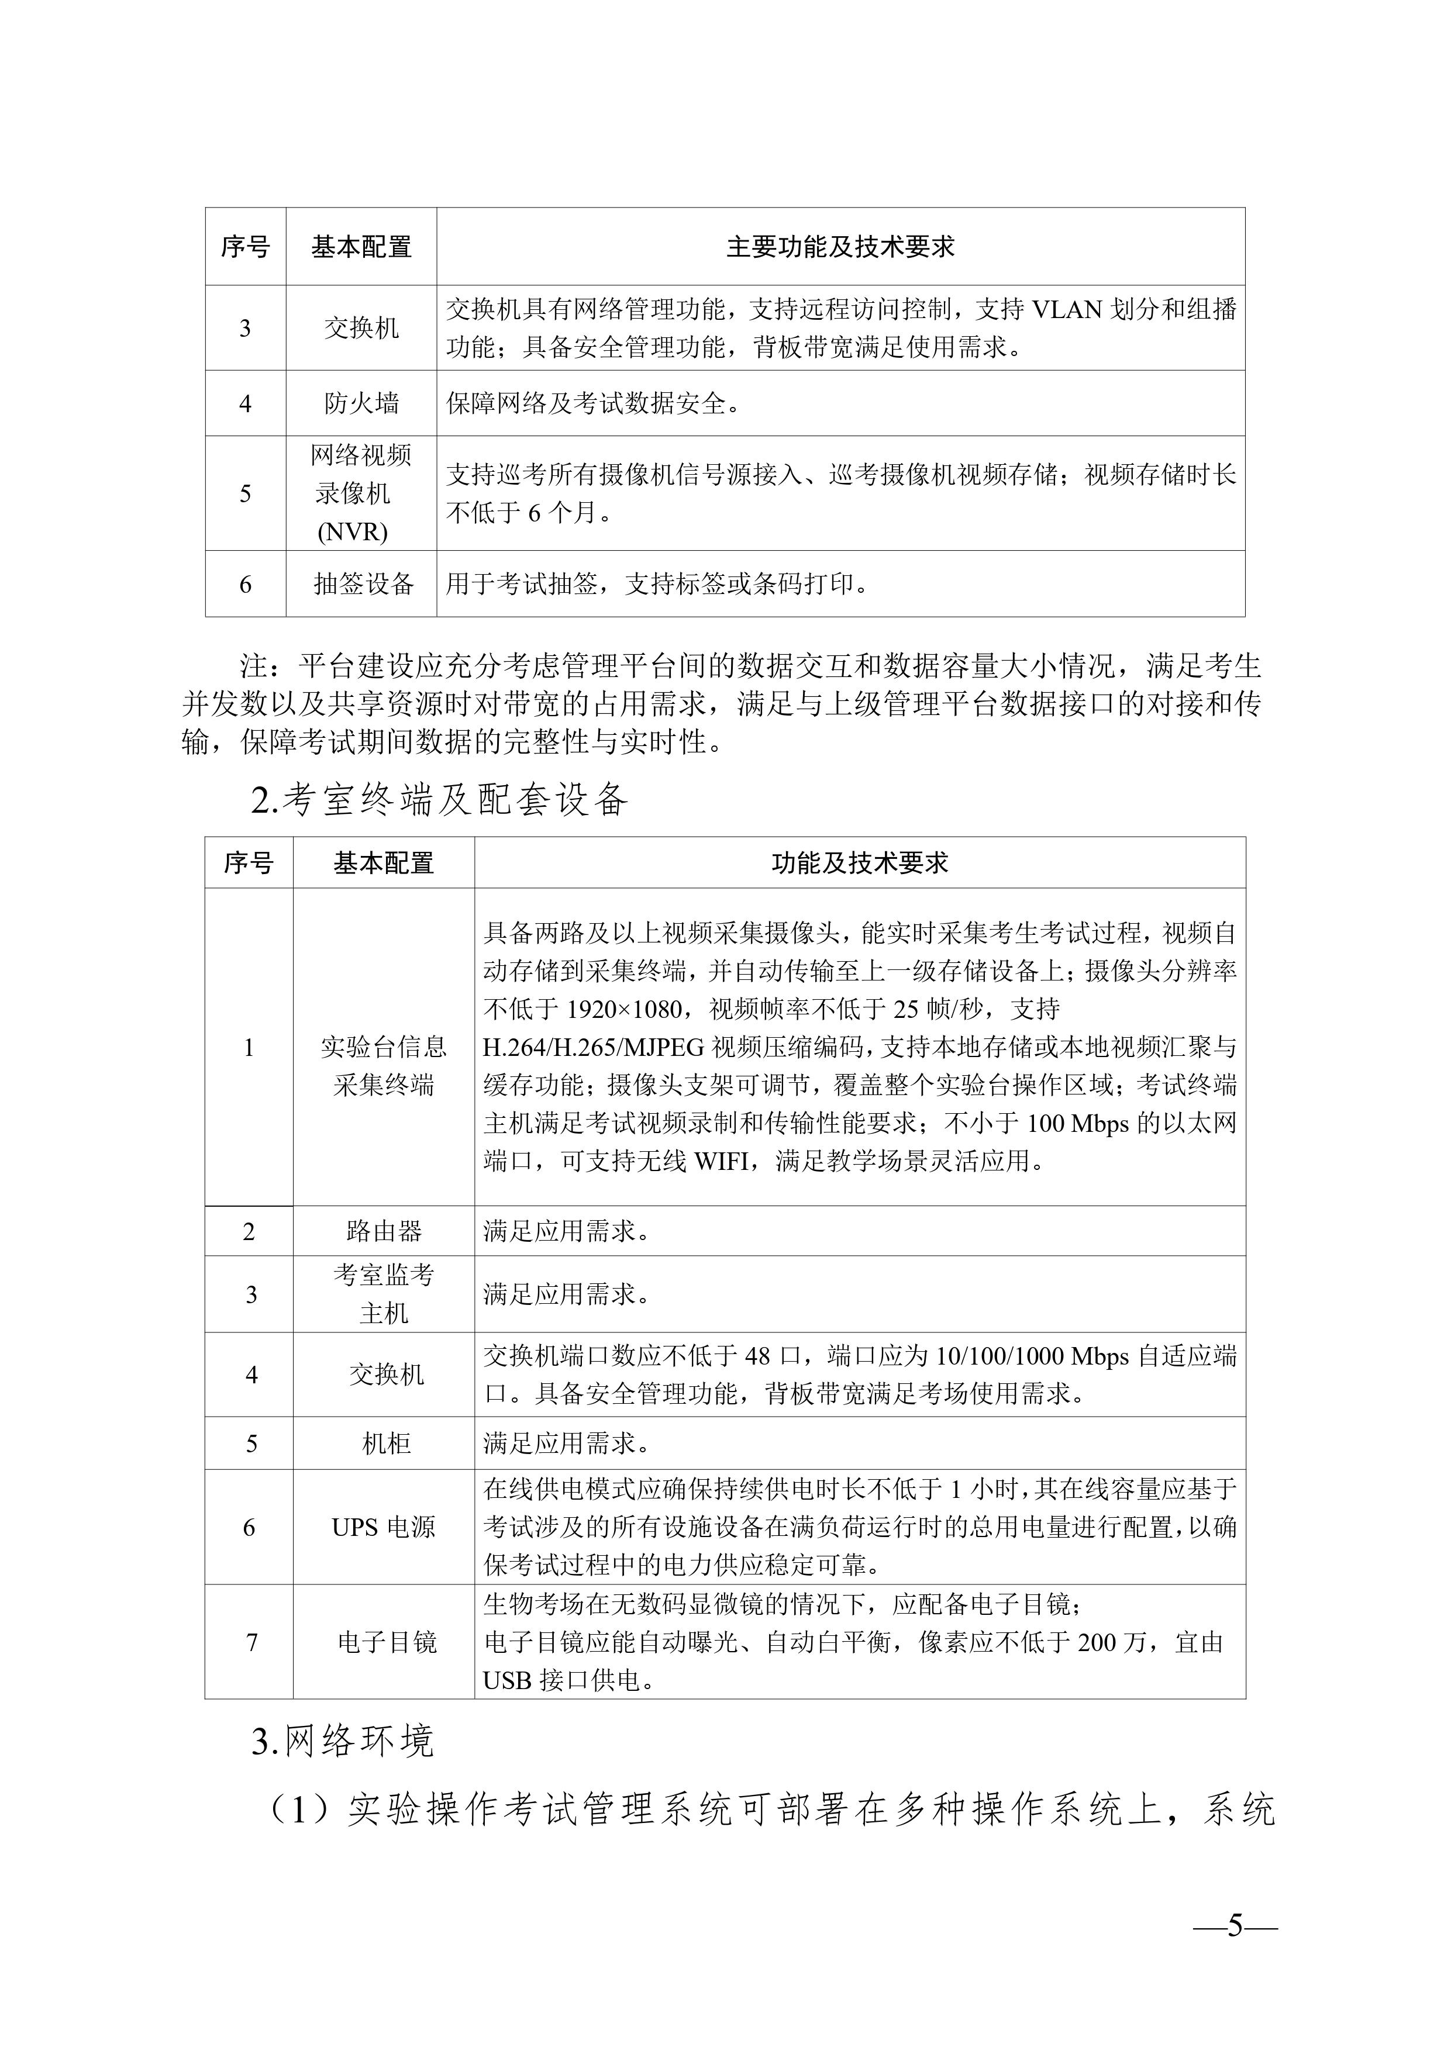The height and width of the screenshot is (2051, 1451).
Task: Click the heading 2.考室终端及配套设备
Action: [440, 799]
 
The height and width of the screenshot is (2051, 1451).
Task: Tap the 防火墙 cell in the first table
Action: [361, 404]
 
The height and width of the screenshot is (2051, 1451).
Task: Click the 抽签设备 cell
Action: [363, 584]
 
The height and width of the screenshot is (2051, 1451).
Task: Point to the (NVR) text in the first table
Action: [353, 533]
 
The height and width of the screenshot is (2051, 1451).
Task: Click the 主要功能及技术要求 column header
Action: [840, 247]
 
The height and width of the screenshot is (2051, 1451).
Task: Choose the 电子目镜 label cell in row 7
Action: [386, 1642]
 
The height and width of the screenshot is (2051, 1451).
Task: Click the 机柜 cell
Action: [386, 1444]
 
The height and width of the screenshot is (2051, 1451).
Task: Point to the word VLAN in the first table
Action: [1068, 309]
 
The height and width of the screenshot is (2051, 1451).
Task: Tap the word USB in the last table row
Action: [506, 1680]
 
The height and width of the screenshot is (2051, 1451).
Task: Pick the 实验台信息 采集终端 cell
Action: [383, 1066]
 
